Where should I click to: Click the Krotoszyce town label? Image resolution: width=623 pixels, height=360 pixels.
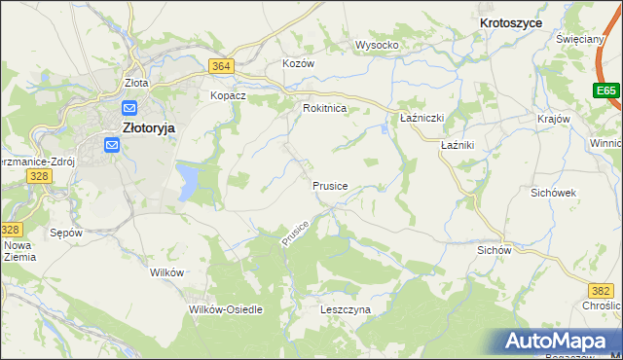(x=511, y=20)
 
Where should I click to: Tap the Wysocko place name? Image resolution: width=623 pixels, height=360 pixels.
(x=378, y=45)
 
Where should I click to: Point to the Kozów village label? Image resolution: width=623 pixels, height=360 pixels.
(x=298, y=62)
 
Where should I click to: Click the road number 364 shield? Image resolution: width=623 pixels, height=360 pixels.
(x=221, y=66)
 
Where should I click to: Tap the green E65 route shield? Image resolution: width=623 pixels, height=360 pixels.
(x=606, y=90)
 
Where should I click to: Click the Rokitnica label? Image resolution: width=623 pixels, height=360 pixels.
(x=325, y=109)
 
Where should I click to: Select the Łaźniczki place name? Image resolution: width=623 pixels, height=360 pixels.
(x=422, y=118)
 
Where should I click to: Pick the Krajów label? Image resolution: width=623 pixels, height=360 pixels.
(x=553, y=118)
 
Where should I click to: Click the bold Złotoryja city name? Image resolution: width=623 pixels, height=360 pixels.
(x=147, y=126)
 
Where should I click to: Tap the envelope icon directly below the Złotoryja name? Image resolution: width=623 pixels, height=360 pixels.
(x=112, y=146)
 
